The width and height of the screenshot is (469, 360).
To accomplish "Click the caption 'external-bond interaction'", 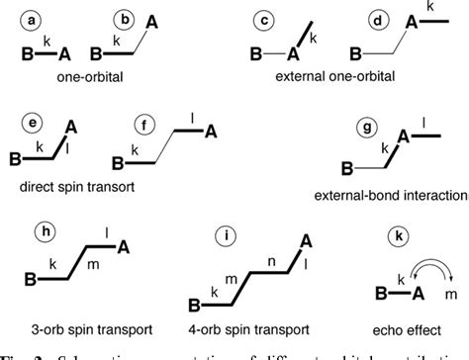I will tap(391, 194).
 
